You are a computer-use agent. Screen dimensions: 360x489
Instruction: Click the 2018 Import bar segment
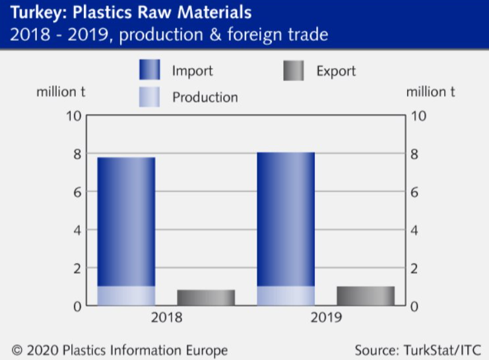click(126, 221)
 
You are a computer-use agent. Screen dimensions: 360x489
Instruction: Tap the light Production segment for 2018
click(126, 296)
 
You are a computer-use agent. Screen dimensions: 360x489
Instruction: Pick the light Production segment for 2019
click(286, 296)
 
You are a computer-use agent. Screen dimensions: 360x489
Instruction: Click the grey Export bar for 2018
click(206, 298)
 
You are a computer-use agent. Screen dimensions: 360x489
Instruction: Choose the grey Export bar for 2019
click(366, 296)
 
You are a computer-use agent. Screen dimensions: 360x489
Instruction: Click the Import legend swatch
click(149, 70)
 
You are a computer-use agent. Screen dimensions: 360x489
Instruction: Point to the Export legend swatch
click(294, 70)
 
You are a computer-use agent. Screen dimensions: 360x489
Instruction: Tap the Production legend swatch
click(149, 97)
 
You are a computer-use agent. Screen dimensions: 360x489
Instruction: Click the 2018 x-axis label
click(166, 318)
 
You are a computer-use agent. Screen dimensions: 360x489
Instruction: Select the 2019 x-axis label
click(325, 318)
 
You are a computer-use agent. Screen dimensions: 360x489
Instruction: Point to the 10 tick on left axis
click(73, 116)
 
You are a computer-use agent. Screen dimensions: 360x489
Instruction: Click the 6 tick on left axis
click(77, 193)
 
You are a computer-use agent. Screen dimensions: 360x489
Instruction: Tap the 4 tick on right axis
click(415, 231)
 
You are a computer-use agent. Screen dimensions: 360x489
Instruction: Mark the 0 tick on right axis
click(415, 307)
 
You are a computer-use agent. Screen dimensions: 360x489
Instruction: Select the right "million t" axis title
click(430, 92)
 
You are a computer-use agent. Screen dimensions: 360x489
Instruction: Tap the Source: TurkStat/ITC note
click(418, 349)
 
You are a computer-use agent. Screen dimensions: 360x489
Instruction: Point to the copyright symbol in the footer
click(16, 350)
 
